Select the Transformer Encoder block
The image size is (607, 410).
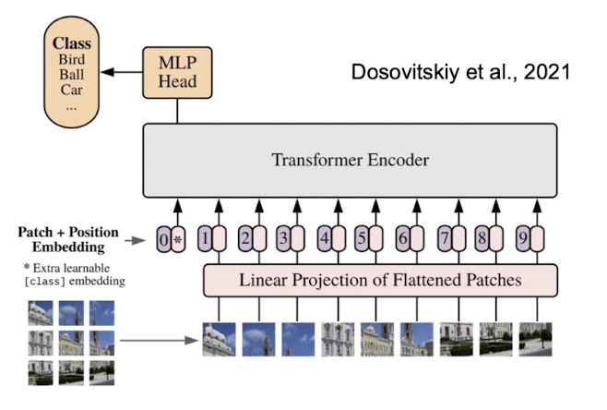coord(350,161)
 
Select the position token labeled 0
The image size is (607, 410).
coord(163,241)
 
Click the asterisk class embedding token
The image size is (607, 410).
coord(178,241)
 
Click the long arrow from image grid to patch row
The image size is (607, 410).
coord(159,342)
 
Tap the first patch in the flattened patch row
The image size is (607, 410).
coord(219,340)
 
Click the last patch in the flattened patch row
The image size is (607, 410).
coord(535,340)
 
